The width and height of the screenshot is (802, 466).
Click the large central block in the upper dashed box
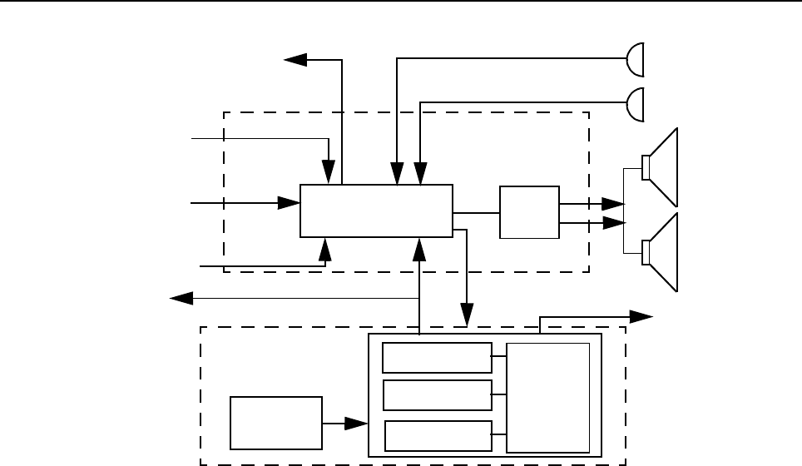376,211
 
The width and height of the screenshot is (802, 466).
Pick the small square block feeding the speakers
529,212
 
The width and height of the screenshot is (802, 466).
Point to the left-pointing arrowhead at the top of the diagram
295,59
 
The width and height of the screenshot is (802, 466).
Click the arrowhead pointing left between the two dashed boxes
181,298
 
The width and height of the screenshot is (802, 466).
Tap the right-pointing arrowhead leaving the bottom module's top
641,315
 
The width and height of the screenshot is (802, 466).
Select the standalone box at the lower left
275,422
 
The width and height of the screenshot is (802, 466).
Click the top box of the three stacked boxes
437,357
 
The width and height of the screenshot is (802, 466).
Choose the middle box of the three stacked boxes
437,394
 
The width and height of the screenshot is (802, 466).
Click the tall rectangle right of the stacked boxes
548,397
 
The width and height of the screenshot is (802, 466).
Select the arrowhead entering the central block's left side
290,202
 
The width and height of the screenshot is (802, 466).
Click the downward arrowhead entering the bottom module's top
467,317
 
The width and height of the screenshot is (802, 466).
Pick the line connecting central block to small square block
476,212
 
